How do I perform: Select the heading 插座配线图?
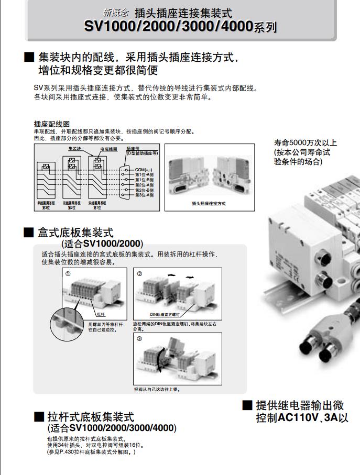[x=51, y=124]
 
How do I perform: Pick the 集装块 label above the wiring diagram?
[x=74, y=149]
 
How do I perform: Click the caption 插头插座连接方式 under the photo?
[x=209, y=203]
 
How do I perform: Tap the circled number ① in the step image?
[x=67, y=274]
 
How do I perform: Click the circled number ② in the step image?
[x=140, y=274]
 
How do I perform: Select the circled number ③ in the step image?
[x=139, y=338]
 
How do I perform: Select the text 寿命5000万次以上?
[x=305, y=142]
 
